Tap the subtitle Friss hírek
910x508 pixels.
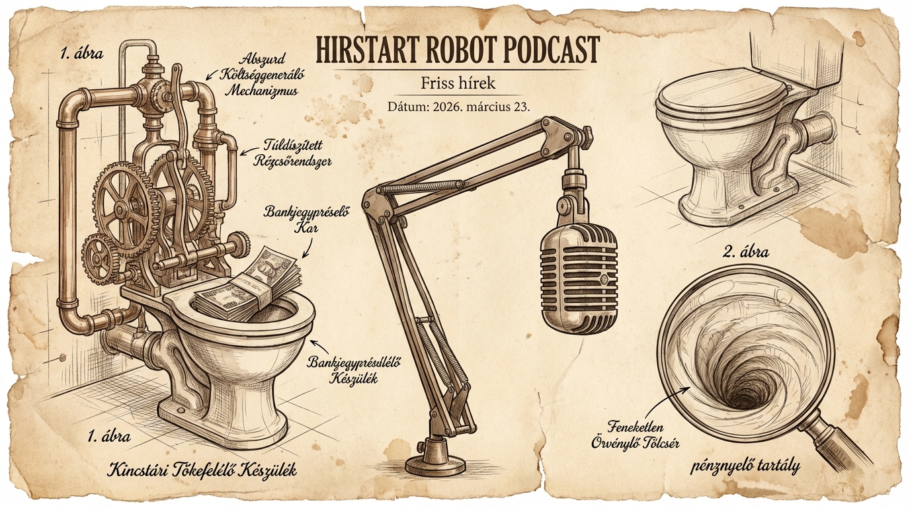[x=458, y=83]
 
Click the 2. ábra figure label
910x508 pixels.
[x=746, y=251]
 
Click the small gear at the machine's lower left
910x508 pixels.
[x=97, y=257]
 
